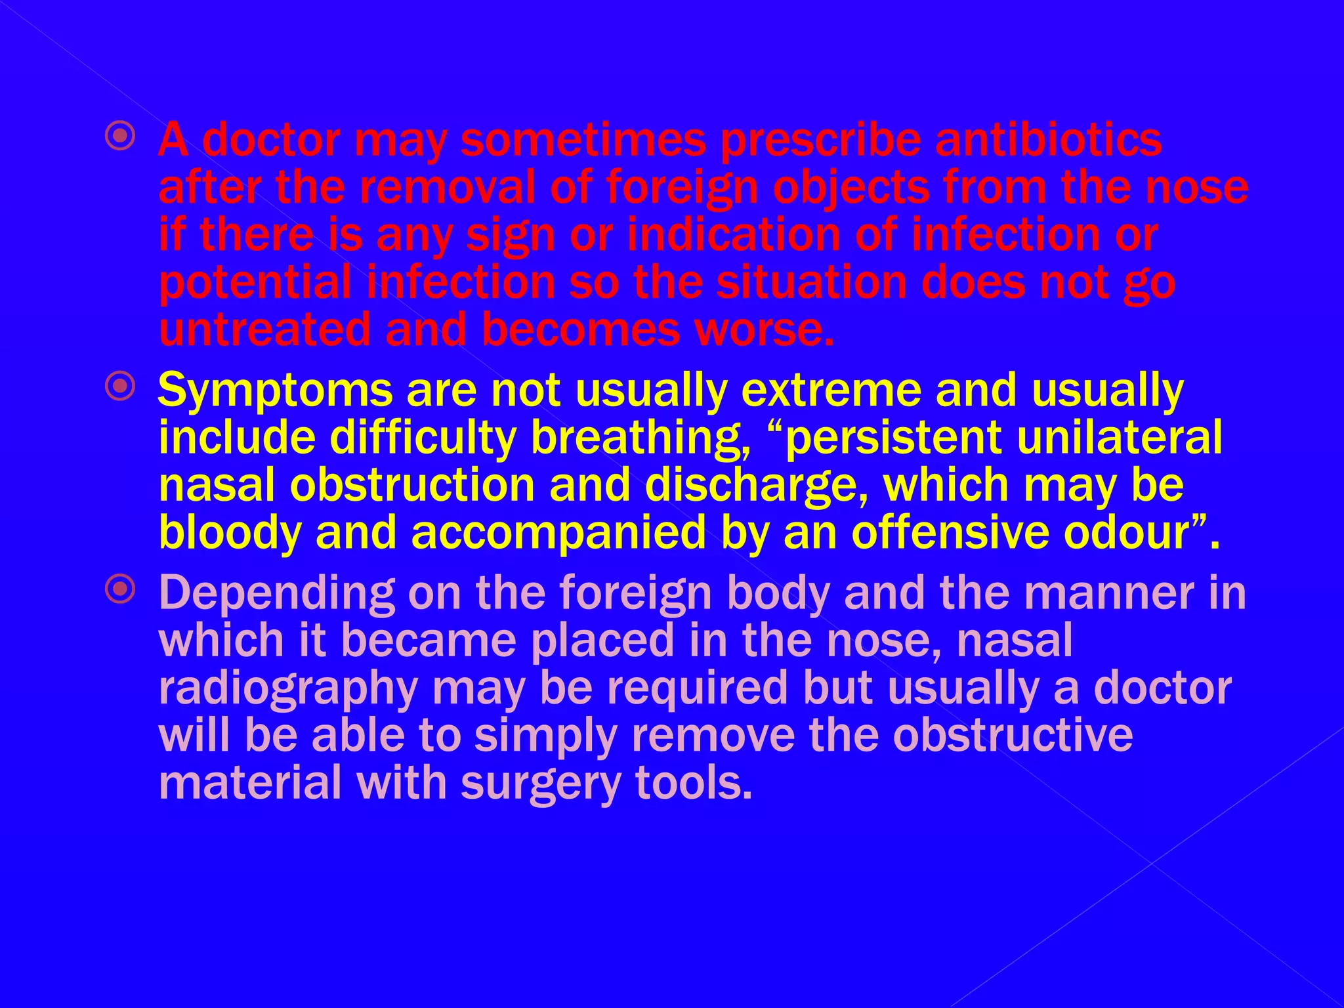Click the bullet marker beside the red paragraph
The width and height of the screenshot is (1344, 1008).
point(120,136)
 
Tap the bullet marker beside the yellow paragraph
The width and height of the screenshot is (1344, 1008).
point(120,387)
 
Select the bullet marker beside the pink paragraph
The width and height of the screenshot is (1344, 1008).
point(120,589)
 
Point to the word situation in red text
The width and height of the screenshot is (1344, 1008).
point(811,282)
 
